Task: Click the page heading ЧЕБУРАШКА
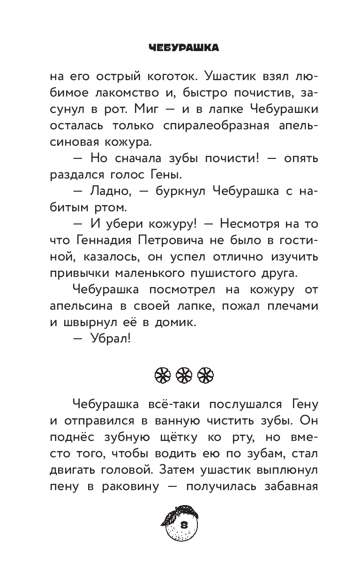pos(180,48)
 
